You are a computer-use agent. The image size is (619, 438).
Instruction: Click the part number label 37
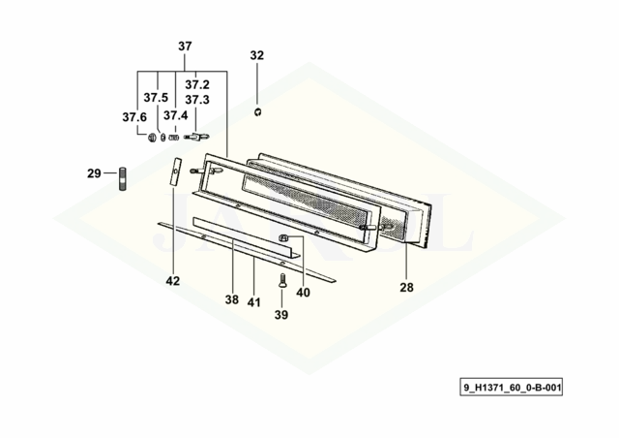pos(185,47)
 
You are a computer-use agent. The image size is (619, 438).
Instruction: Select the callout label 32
pos(256,55)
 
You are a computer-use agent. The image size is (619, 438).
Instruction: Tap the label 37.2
pos(197,84)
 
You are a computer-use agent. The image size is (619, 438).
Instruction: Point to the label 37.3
pos(197,100)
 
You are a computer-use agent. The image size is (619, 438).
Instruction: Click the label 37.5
pos(156,97)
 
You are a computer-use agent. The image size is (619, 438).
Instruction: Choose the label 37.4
pos(176,115)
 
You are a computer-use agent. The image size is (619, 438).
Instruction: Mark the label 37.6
pos(134,117)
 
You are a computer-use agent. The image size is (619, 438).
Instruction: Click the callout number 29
pos(94,173)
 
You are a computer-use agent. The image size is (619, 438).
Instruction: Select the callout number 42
pos(173,281)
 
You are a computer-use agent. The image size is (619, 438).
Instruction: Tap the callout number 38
pos(232,299)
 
